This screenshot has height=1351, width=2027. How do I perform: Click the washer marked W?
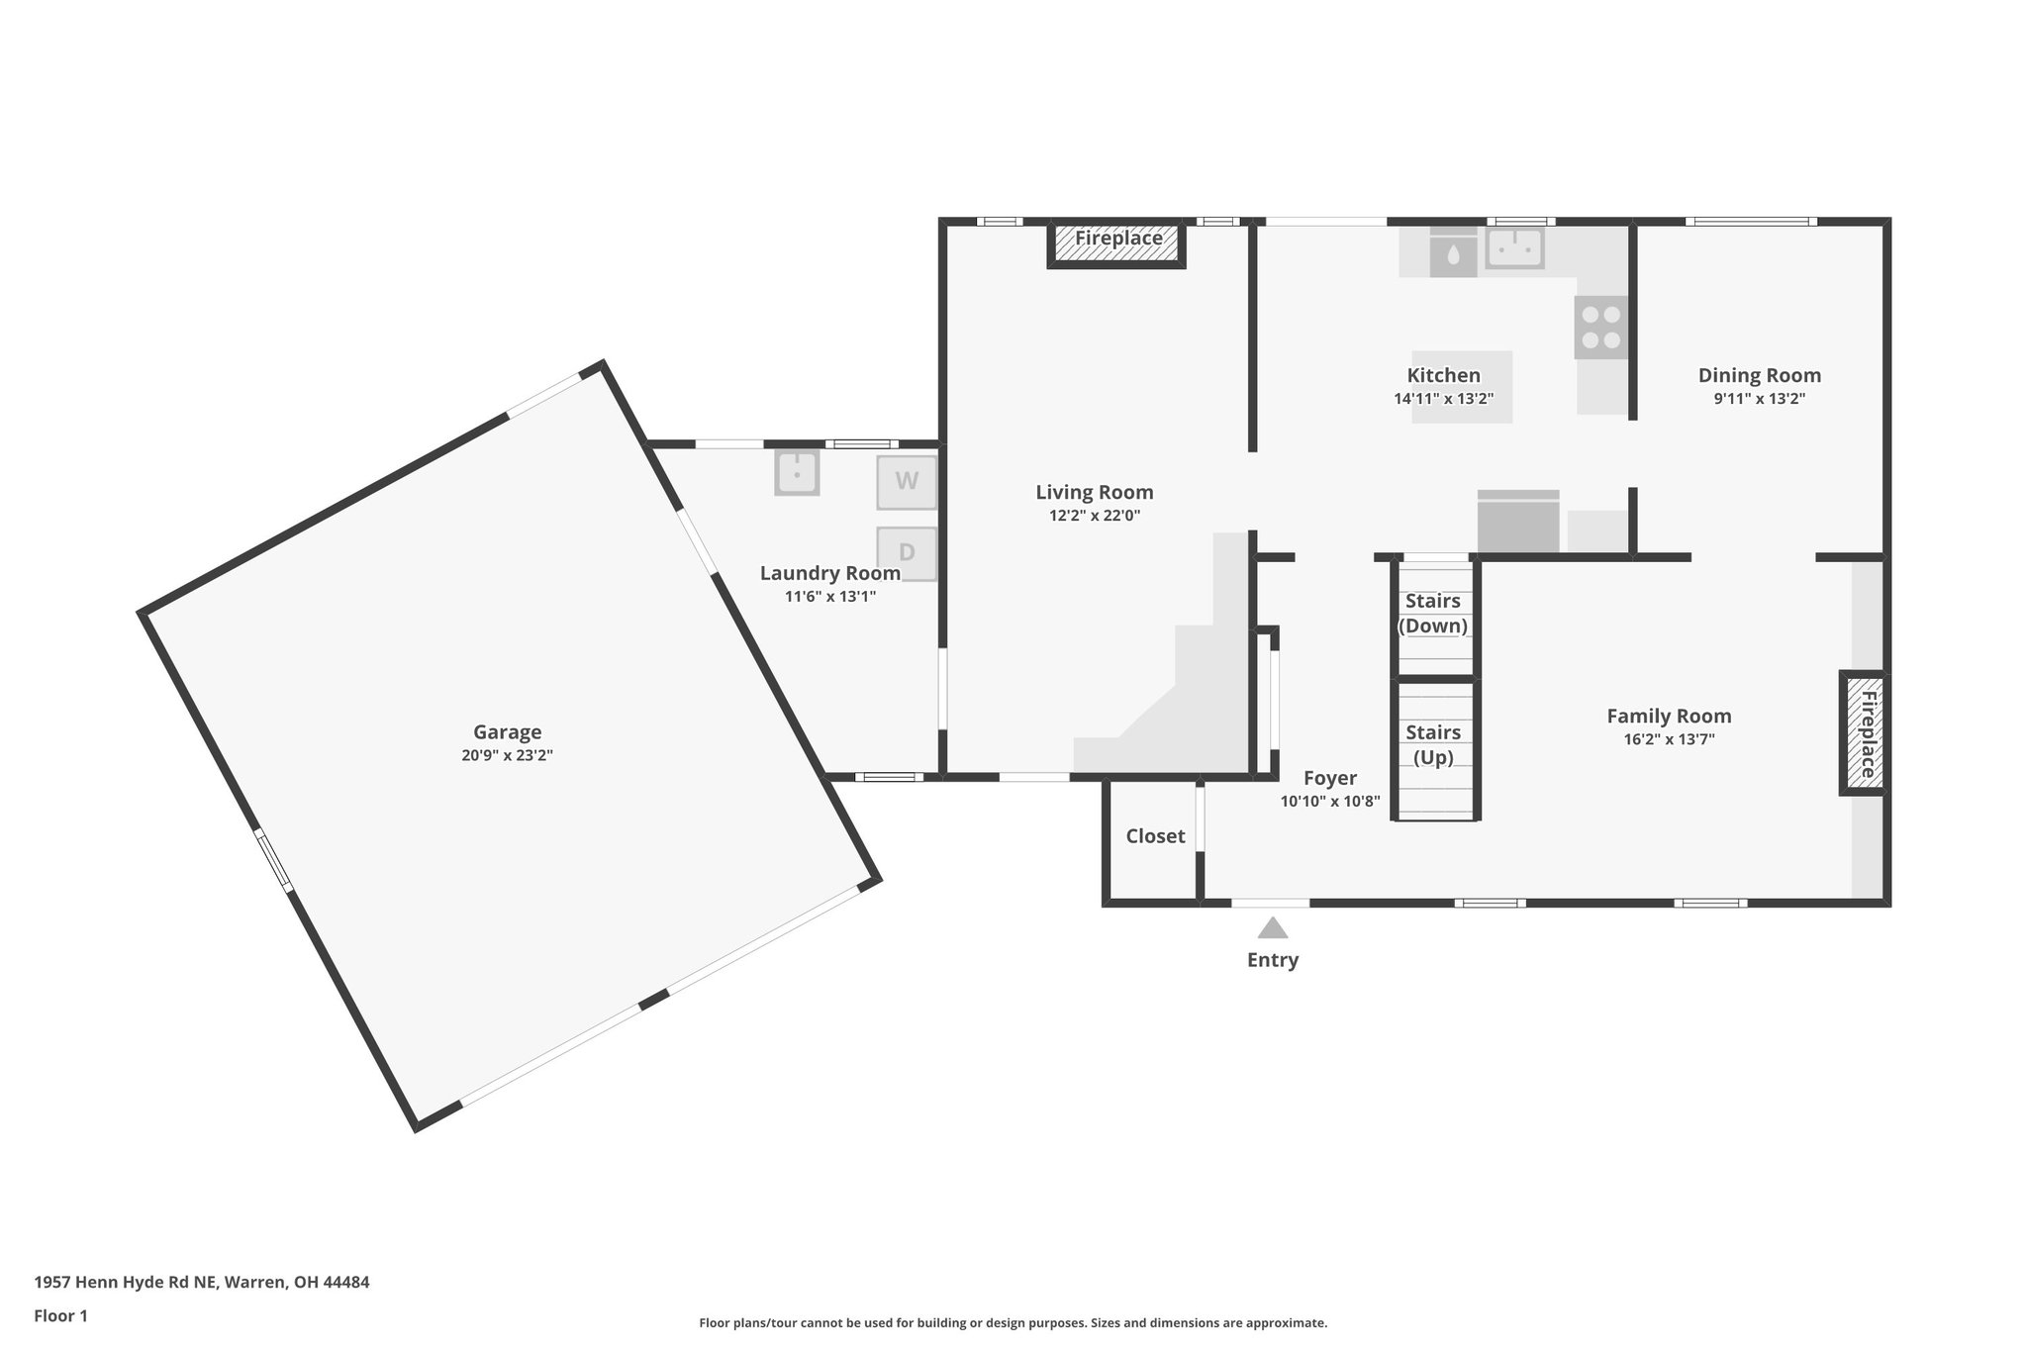907,482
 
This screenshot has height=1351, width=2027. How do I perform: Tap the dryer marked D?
907,553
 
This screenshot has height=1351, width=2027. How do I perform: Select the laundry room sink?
797,472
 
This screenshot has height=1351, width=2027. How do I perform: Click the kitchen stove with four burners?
1600,328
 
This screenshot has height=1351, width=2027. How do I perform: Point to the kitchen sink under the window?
1514,247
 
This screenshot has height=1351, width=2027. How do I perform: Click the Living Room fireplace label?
1118,239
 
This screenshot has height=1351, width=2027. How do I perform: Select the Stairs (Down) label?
1432,614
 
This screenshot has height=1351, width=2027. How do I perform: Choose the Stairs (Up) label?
1433,744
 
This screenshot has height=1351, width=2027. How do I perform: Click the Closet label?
1155,836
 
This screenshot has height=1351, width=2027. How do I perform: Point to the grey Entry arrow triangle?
1272,928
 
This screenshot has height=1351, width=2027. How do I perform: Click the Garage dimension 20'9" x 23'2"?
507,755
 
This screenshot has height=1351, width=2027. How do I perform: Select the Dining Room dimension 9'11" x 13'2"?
1760,399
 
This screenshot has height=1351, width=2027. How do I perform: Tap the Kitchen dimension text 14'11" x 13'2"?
1443,399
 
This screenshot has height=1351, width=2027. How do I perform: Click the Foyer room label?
1329,778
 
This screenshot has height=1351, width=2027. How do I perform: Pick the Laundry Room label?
829,573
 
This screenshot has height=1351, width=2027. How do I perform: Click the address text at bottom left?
202,1282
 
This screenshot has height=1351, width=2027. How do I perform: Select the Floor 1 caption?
60,1315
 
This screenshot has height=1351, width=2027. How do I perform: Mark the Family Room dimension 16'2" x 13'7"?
1669,739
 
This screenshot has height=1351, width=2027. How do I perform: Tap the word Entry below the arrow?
1272,960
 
